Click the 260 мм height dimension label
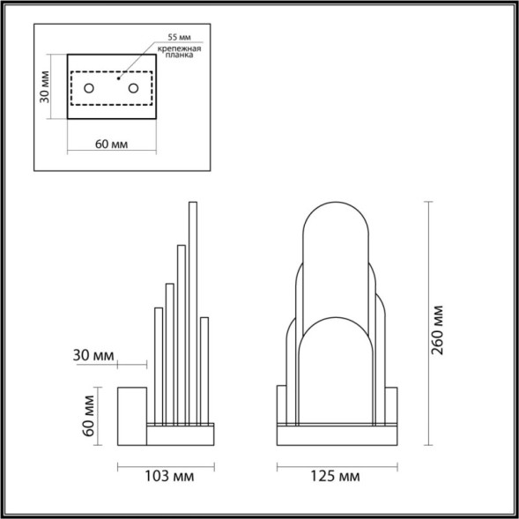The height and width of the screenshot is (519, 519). coord(438,328)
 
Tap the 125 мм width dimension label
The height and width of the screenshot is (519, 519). coord(337,477)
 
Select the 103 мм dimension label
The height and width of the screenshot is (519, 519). coord(167,477)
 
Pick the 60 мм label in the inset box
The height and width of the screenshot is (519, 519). coord(109,145)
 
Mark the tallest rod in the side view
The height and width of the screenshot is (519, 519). coord(192,308)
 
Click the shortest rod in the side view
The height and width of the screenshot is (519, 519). coord(204,370)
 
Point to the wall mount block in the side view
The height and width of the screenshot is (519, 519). coord(132,414)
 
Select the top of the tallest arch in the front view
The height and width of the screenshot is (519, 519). coord(335,207)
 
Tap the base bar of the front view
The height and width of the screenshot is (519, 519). coord(335,436)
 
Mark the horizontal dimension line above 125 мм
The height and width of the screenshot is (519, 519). coord(335,464)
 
